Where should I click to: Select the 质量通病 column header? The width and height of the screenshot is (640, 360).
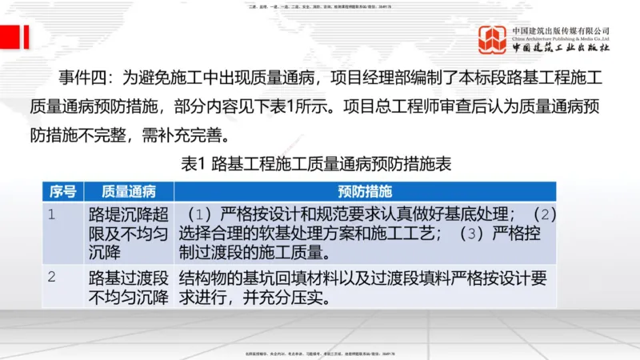tap(128, 191)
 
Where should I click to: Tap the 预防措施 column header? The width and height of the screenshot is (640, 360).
tap(365, 191)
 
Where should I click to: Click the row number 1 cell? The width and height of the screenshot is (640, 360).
tap(51, 214)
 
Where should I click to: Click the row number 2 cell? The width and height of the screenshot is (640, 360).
tap(51, 278)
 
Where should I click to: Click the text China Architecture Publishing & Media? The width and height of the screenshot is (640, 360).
tap(561, 38)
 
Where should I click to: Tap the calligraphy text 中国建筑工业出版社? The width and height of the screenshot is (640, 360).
tap(561, 48)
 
